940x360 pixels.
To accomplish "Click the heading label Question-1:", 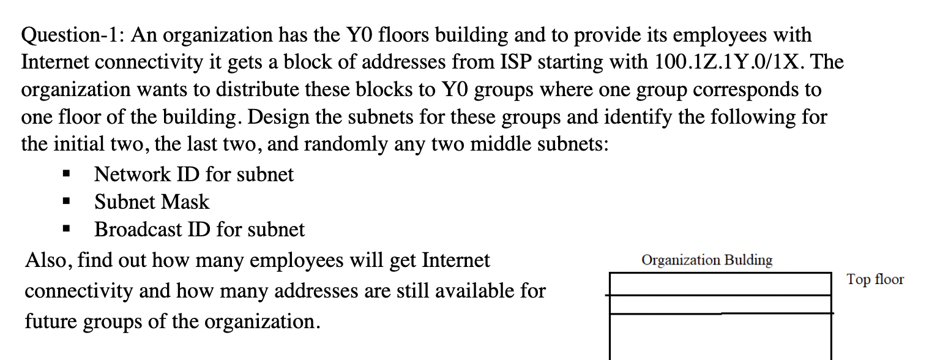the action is (x=73, y=35).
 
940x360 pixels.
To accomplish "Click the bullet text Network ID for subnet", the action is (x=194, y=174).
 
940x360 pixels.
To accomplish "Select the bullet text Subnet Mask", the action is (x=152, y=202).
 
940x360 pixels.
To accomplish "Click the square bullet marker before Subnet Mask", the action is (x=67, y=202).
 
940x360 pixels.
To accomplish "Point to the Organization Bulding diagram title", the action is (x=707, y=260).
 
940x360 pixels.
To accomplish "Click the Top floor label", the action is (x=875, y=280).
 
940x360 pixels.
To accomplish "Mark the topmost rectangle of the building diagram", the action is (x=720, y=284).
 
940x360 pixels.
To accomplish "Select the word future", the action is (x=56, y=321).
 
